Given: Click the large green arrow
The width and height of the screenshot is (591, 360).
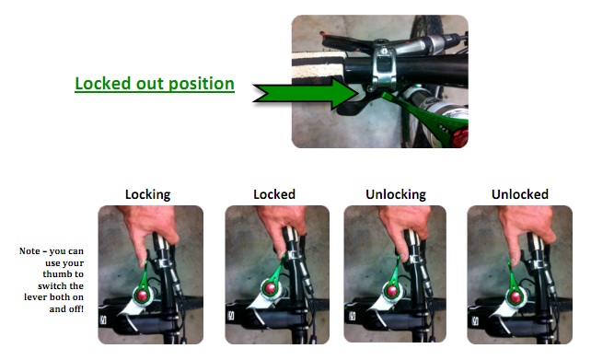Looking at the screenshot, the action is [x=306, y=93].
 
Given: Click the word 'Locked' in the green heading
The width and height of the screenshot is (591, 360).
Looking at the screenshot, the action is [x=103, y=83].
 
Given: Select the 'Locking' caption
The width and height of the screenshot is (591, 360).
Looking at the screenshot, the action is [x=147, y=194].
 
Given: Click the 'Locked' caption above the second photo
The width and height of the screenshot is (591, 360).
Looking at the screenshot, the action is [x=274, y=194].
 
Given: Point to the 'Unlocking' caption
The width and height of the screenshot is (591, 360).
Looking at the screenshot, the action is [x=396, y=194].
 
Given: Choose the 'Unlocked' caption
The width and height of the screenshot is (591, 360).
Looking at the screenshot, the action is [x=520, y=194].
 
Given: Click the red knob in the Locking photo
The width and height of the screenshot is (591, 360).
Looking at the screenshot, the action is [x=142, y=296].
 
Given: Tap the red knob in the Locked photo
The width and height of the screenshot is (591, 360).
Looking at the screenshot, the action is [x=271, y=288].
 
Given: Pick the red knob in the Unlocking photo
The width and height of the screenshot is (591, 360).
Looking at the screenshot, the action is [x=391, y=291].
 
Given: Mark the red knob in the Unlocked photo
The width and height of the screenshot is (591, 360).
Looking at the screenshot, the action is [x=514, y=297].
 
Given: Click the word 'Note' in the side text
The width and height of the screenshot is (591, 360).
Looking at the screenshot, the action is [x=29, y=251].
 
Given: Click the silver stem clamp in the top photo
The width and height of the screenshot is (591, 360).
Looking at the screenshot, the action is [x=383, y=67].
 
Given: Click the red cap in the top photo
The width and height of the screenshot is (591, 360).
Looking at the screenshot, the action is [x=460, y=137].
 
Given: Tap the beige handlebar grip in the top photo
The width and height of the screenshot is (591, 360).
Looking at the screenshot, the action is [x=319, y=65].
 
